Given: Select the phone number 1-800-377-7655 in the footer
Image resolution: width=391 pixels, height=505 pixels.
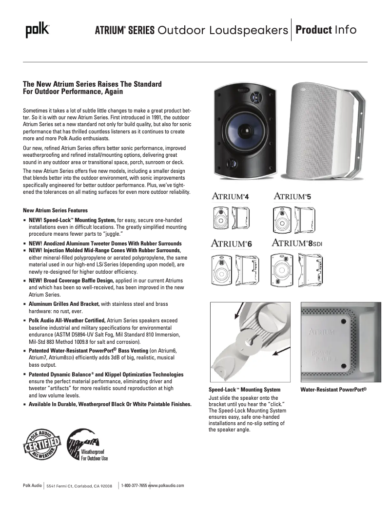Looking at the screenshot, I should pyautogui.click(x=134, y=486).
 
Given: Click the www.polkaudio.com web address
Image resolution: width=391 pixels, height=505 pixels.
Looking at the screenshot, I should pyautogui.click(x=166, y=486).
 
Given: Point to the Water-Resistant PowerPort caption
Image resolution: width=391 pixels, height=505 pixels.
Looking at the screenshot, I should pyautogui.click(x=333, y=390).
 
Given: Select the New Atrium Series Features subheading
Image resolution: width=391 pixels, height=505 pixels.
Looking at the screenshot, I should pyautogui.click(x=56, y=210).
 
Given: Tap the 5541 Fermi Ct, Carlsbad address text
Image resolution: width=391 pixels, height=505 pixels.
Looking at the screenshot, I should pyautogui.click(x=79, y=486).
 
